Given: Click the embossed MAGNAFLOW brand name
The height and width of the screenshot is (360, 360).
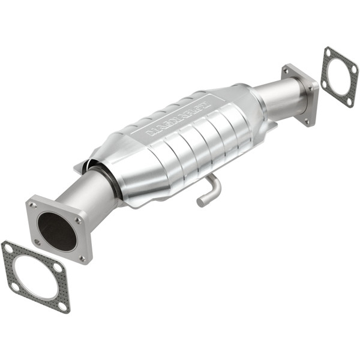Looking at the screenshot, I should coord(175,119).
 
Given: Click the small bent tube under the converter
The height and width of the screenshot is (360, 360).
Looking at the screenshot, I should coord(209,191).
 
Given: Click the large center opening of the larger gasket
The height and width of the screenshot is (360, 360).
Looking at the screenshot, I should coord(35,277).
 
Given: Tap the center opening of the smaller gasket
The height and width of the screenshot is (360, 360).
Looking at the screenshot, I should coord(340,76).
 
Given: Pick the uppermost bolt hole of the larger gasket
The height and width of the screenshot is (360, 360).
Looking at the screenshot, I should coord(8,247).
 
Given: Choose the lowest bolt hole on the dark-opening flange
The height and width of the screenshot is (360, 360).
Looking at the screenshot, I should coord(82,259).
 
